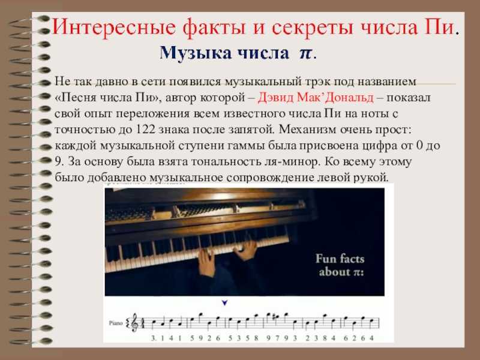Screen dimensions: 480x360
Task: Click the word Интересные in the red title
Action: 113,27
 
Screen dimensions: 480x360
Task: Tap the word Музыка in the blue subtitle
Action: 196,53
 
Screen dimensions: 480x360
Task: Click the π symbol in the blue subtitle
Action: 305,53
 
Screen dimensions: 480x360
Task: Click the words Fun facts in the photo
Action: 340,259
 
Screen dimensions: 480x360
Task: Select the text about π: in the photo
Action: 341,272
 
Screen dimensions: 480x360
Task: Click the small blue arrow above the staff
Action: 224,303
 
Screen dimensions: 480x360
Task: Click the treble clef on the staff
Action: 134,323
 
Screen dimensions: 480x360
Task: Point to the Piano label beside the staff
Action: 116,323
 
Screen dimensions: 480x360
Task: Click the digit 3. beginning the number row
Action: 154,338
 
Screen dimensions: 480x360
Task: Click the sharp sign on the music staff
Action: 275,317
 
